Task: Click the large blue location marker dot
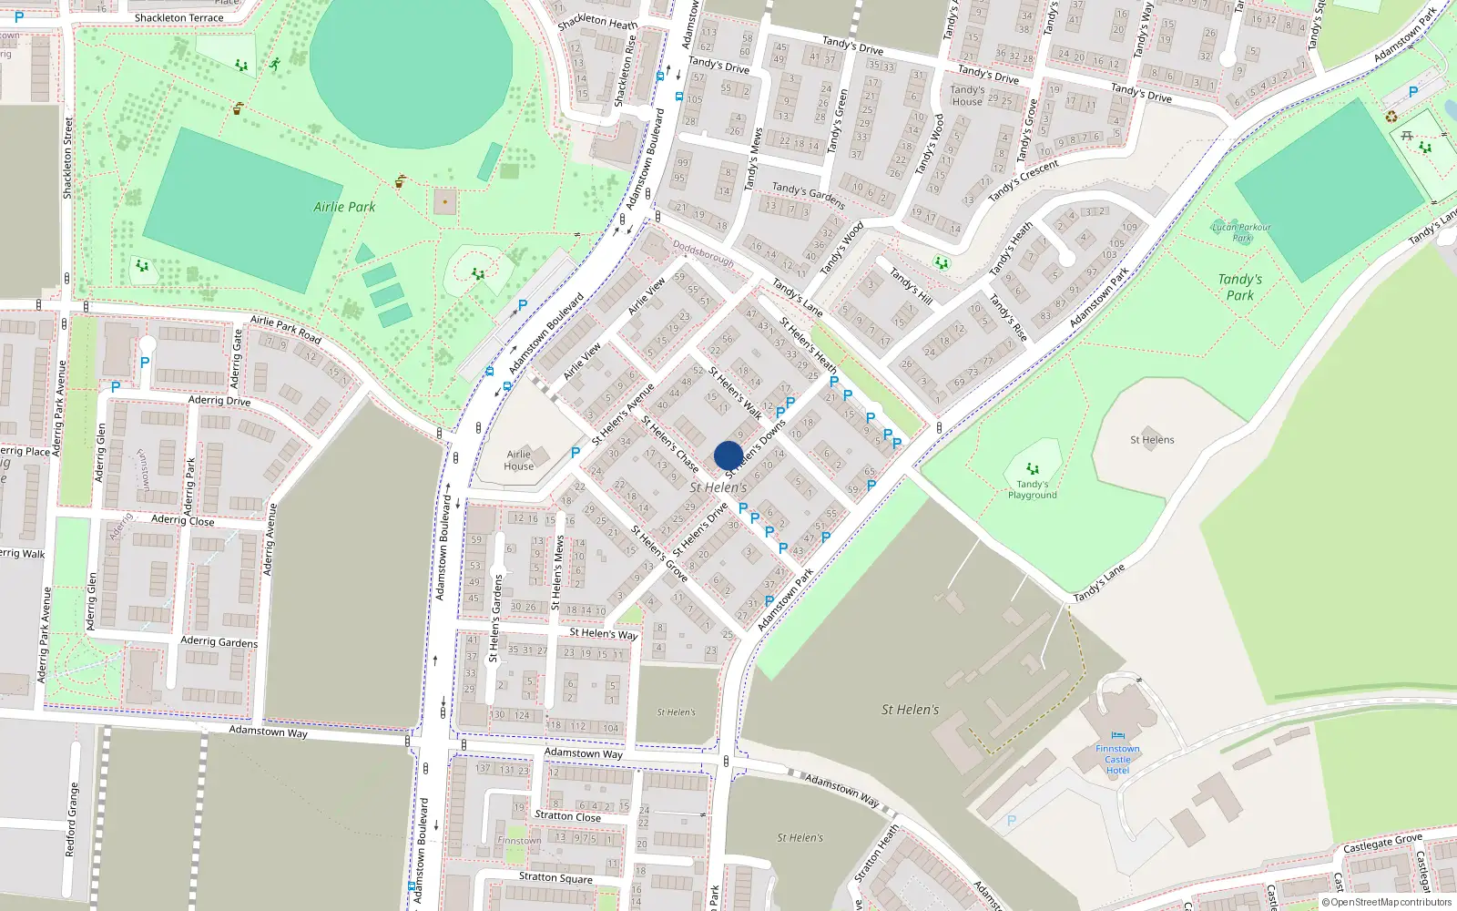[x=728, y=455]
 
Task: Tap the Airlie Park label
[x=344, y=207]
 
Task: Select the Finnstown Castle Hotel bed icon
[x=1118, y=736]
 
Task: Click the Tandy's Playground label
[x=1032, y=490]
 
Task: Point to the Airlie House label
[x=519, y=460]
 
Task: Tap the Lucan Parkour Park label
[x=1241, y=232]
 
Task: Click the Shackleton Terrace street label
[x=178, y=17]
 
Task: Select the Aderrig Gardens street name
[x=219, y=641]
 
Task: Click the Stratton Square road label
[x=555, y=877]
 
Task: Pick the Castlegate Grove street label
[x=1382, y=844]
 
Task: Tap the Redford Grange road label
[x=71, y=819]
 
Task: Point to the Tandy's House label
[x=967, y=96]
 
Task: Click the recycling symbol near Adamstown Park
[x=1391, y=116]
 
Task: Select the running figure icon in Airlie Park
[x=275, y=65]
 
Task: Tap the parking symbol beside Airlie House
[x=576, y=452]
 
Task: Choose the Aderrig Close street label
[x=182, y=519]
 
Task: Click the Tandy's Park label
[x=1239, y=287]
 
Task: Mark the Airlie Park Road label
[x=285, y=330]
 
